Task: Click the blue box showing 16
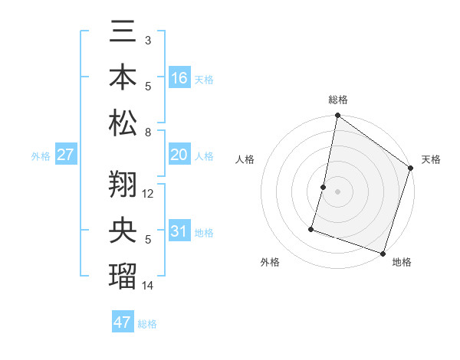(179, 77)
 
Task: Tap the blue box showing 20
(179, 155)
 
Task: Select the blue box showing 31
(179, 232)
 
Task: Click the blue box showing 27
(65, 155)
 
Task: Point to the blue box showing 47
(122, 322)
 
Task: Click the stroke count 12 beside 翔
(148, 194)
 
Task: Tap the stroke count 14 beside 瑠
(148, 285)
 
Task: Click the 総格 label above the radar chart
(337, 100)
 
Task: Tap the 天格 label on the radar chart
(431, 159)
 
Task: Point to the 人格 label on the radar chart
(245, 159)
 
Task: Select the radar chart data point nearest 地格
(383, 253)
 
